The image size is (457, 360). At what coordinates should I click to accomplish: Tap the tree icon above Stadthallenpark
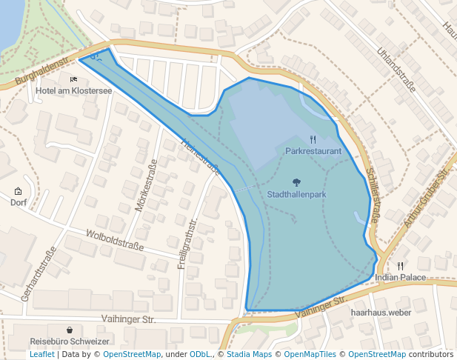pyautogui.click(x=296, y=182)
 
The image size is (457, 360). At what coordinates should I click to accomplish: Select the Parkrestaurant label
pyautogui.click(x=313, y=150)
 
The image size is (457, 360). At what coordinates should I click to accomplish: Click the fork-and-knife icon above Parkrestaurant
pyautogui.click(x=313, y=139)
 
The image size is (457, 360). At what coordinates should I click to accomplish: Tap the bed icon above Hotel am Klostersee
pyautogui.click(x=73, y=79)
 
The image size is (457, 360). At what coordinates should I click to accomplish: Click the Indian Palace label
pyautogui.click(x=401, y=277)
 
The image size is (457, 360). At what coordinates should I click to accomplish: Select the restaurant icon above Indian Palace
pyautogui.click(x=401, y=265)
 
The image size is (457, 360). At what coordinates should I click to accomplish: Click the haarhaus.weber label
pyautogui.click(x=380, y=313)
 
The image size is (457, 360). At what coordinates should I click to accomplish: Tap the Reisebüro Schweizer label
pyautogui.click(x=70, y=341)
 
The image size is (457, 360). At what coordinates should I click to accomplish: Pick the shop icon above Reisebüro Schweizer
pyautogui.click(x=70, y=330)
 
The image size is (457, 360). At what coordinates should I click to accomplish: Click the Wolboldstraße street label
pyautogui.click(x=115, y=240)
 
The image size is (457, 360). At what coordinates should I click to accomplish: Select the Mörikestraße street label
pyautogui.click(x=145, y=186)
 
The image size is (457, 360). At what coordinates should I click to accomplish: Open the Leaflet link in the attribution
pyautogui.click(x=41, y=354)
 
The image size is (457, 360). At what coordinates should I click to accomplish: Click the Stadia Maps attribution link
pyautogui.click(x=249, y=354)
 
